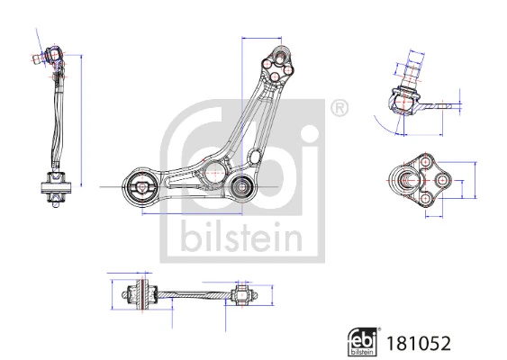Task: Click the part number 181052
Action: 418,342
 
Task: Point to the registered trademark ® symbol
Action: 340,110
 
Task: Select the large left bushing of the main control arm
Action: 141,188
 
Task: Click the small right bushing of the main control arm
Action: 241,187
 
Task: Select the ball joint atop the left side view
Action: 52,59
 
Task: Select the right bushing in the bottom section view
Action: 241,294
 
